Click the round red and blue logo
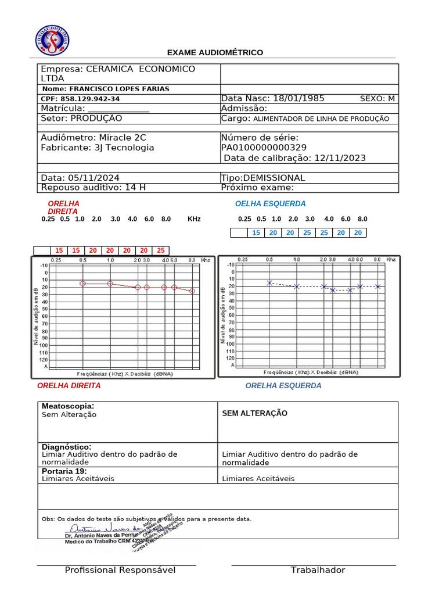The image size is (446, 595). [x=52, y=41]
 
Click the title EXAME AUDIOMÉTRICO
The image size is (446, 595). [x=215, y=53]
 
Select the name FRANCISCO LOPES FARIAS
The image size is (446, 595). [x=119, y=89]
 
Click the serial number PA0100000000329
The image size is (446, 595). [x=264, y=148]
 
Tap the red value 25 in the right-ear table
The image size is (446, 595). [x=161, y=250]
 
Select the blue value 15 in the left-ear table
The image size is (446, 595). [x=256, y=232]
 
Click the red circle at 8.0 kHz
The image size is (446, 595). [x=192, y=291]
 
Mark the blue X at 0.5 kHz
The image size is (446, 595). [x=269, y=283]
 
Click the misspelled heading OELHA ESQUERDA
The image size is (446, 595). [x=270, y=204]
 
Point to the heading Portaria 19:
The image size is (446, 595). [x=64, y=471]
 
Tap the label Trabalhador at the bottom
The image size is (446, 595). [x=318, y=570]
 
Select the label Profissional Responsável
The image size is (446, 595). [x=120, y=570]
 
